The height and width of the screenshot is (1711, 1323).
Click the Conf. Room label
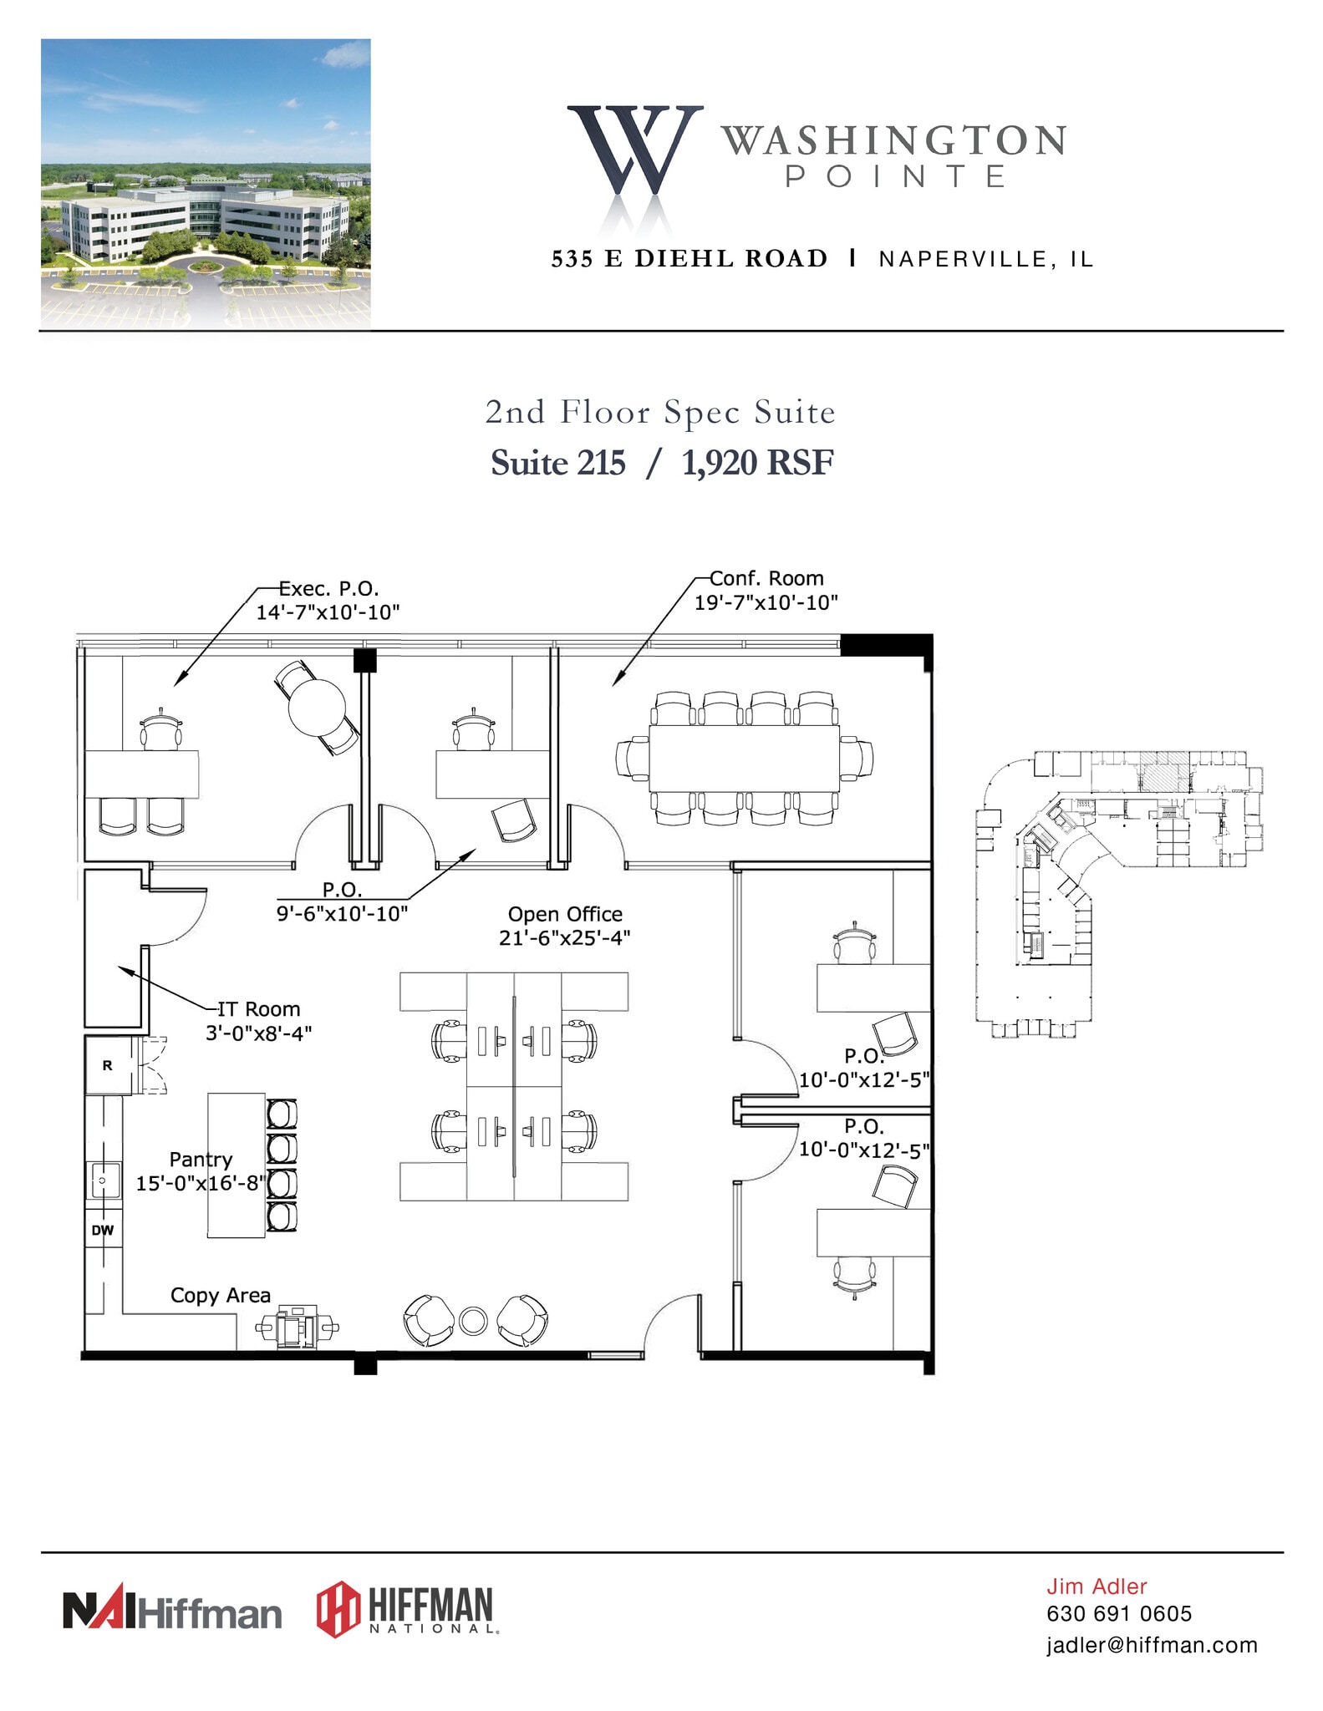coord(766,578)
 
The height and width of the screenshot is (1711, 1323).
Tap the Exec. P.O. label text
coord(328,588)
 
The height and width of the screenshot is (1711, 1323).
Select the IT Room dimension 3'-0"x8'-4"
coord(259,1033)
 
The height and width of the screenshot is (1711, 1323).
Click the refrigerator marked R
coord(108,1065)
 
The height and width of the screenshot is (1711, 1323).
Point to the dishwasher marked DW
coord(103,1230)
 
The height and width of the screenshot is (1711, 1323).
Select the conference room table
coord(745,759)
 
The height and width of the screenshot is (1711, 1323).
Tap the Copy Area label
coord(221,1295)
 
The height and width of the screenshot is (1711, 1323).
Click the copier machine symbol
coord(297,1326)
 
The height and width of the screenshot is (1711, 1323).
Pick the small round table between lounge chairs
coord(473,1320)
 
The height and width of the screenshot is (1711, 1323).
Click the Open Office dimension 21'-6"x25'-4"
coord(565,938)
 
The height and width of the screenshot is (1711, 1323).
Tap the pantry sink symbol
coord(104,1180)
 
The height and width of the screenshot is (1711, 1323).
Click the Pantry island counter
coord(237,1165)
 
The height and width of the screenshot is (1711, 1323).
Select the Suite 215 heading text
coord(557,463)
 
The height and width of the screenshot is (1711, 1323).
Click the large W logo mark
coord(634,150)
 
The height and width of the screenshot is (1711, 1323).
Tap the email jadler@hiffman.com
coord(1152,1645)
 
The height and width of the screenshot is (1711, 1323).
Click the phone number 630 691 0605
coord(1119,1613)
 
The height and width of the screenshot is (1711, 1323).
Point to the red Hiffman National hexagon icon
coord(338,1609)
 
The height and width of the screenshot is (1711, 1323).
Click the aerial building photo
coord(206,183)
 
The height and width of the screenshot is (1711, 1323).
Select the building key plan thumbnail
coord(1118,894)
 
